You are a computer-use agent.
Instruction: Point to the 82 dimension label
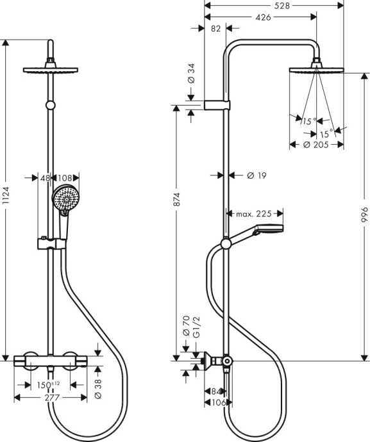point(215,29)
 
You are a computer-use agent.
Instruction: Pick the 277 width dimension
point(49,398)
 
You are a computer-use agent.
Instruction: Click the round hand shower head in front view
point(64,198)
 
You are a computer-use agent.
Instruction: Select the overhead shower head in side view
point(316,70)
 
